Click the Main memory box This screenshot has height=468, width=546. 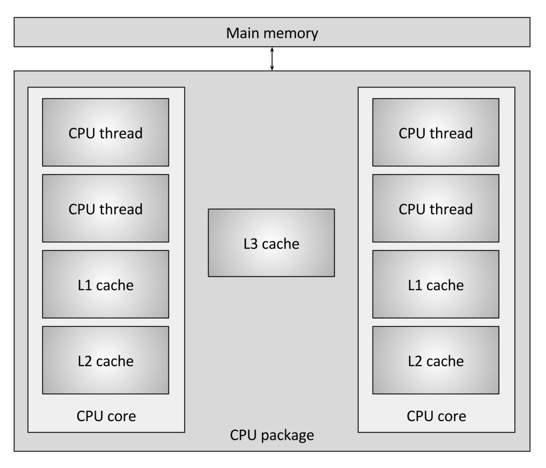(272, 33)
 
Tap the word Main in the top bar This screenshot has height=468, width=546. (240, 33)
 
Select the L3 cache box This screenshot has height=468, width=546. (271, 243)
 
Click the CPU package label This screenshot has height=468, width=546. (272, 435)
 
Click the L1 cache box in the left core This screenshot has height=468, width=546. (106, 284)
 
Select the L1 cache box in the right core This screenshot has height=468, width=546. (435, 284)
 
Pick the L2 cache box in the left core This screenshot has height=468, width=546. (106, 360)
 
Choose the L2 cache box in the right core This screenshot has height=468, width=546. (435, 360)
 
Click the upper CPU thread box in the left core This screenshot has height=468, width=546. (106, 132)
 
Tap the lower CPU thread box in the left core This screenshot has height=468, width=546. (106, 208)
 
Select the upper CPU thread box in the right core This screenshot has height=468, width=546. (435, 132)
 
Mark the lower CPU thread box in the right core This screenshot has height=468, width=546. (435, 208)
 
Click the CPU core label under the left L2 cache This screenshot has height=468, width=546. (106, 416)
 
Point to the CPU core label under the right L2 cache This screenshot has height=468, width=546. (436, 416)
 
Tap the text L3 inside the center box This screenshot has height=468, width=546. (251, 244)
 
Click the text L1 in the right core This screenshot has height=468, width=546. (415, 285)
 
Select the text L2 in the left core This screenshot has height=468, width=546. (85, 361)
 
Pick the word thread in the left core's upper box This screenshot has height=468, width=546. (121, 133)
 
